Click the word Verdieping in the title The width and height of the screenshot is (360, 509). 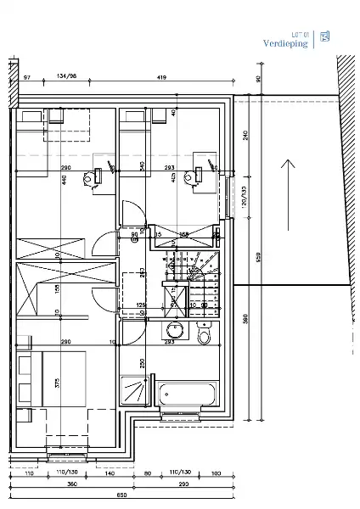[x=285, y=43]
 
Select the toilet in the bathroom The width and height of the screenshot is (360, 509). [x=203, y=338]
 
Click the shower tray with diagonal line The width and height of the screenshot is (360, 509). [x=133, y=387]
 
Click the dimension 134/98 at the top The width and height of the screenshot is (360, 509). [x=66, y=77]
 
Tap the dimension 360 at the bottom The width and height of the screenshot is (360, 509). [x=71, y=484]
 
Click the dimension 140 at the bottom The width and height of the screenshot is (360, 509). [x=110, y=473]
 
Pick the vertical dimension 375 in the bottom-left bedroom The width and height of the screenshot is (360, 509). [x=58, y=383]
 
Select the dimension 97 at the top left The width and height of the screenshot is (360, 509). [x=26, y=77]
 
